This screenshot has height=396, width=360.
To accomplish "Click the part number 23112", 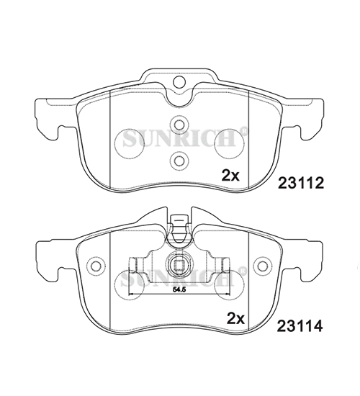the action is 301,183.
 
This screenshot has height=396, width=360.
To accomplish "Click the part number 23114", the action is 300,325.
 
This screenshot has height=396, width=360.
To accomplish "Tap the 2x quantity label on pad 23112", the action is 230,175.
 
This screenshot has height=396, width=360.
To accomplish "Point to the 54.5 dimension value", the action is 179,290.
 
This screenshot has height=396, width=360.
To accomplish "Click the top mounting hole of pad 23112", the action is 179,81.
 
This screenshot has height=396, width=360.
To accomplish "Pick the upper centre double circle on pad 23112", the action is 179,125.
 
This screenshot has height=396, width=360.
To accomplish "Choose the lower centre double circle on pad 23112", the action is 179,161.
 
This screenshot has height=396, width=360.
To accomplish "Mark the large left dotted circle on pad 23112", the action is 130,143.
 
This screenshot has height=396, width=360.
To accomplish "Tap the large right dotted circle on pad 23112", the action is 229,143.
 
